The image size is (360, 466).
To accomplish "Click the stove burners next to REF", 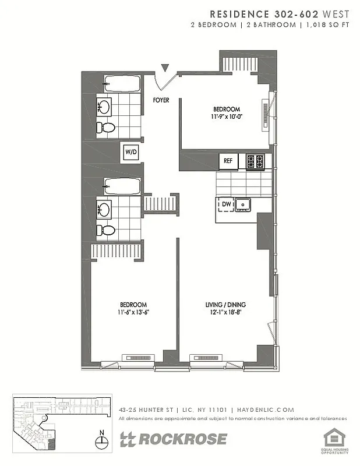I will click(x=255, y=161).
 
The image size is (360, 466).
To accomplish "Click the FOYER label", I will click(x=161, y=100).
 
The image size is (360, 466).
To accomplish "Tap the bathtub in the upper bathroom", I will click(x=122, y=84).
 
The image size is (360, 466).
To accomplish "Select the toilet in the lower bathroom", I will click(x=105, y=230).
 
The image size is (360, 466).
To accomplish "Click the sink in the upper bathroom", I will click(x=105, y=107).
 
